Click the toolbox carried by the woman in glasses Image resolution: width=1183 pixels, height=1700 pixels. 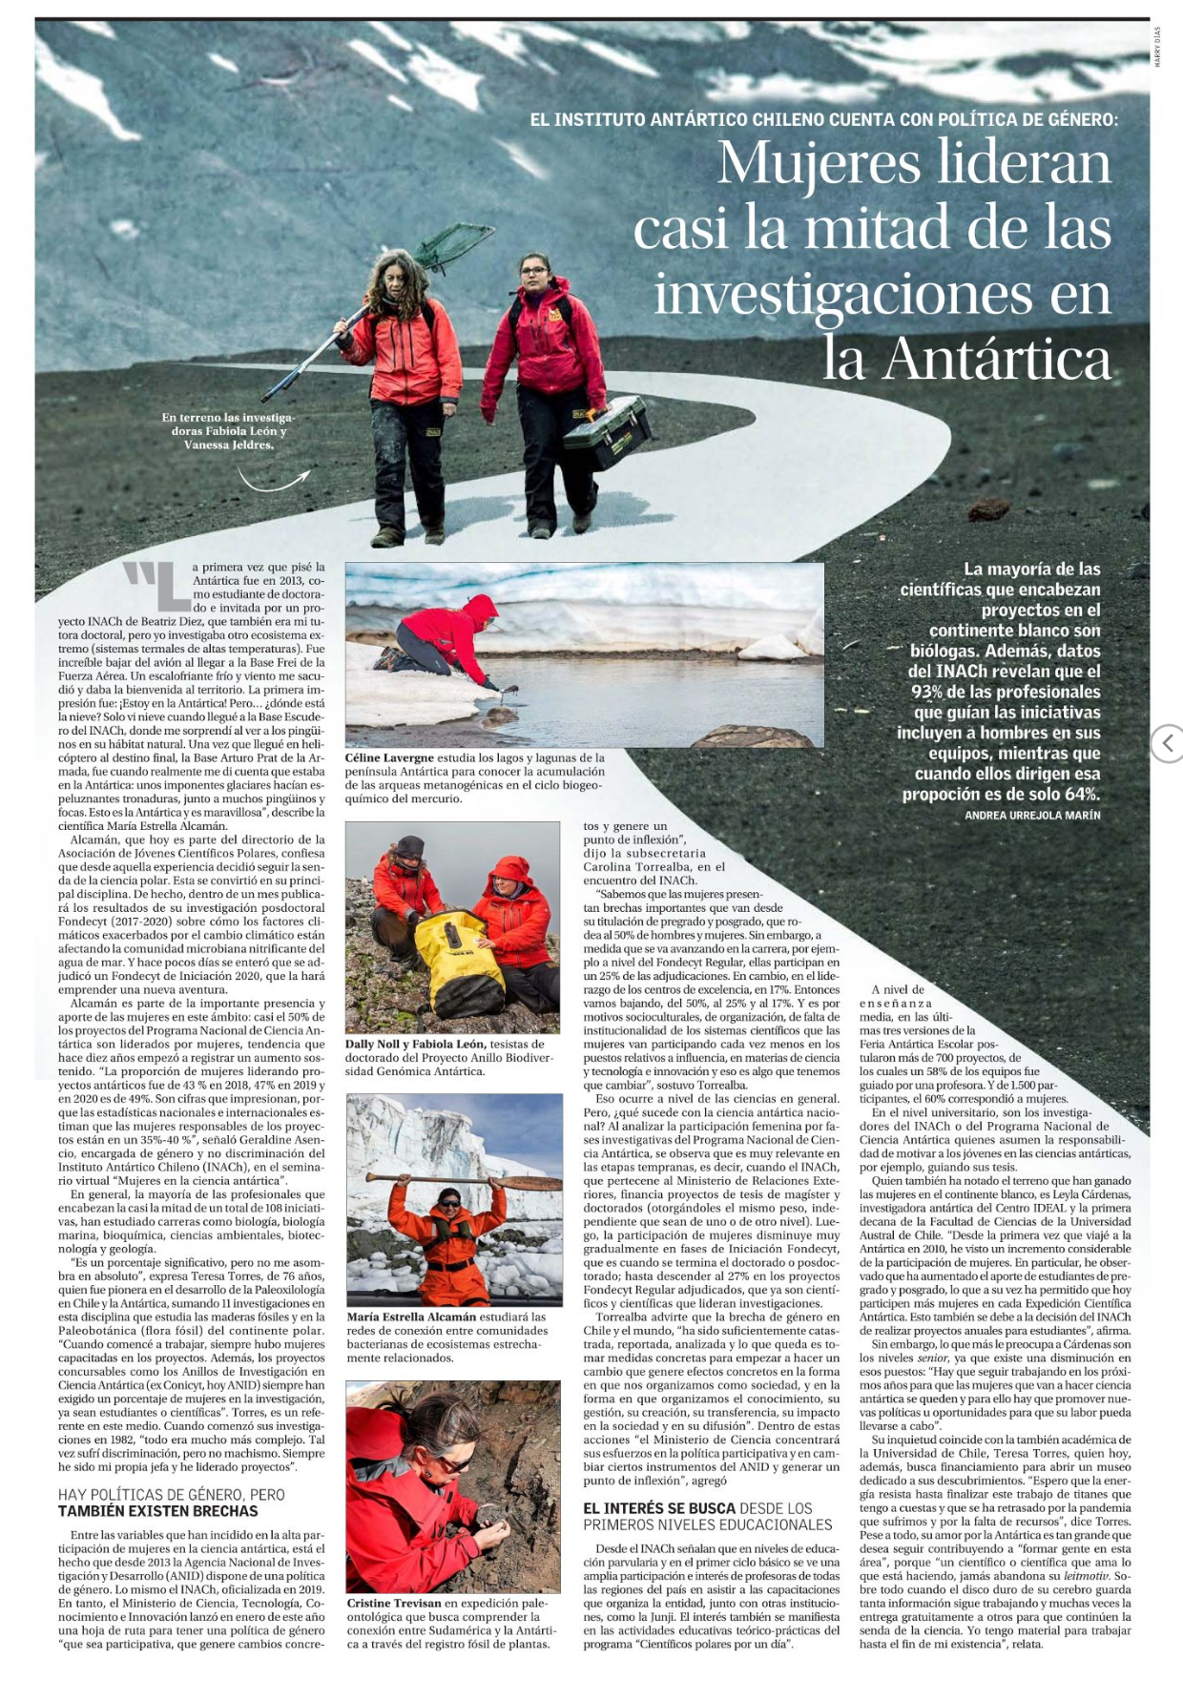pyautogui.click(x=607, y=433)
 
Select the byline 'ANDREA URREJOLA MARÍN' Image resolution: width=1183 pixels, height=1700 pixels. pyautogui.click(x=1032, y=816)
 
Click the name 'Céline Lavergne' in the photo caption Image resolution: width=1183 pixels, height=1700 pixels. pyautogui.click(x=390, y=757)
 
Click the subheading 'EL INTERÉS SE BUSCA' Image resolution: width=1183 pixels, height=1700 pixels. pyautogui.click(x=659, y=1508)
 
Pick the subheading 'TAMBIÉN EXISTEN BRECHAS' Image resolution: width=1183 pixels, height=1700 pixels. pyautogui.click(x=157, y=1511)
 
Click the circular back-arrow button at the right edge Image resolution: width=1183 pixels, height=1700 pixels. pyautogui.click(x=1168, y=743)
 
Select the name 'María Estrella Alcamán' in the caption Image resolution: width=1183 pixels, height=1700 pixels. pyautogui.click(x=411, y=1316)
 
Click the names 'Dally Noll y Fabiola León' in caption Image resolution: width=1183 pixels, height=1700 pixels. pyautogui.click(x=416, y=1044)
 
